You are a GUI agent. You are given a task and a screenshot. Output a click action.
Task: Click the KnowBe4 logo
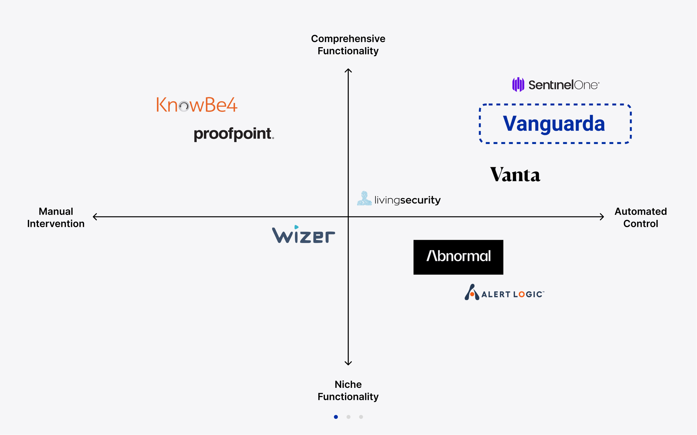coord(197,105)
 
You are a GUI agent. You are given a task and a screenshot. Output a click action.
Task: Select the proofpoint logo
coord(233,134)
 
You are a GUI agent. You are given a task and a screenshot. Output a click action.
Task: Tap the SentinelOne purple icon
coord(518,85)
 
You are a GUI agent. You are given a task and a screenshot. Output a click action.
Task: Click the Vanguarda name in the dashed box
coord(554,124)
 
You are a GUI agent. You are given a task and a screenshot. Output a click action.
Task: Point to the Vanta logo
coord(515,175)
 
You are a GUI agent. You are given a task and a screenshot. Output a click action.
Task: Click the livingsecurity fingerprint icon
coord(364,198)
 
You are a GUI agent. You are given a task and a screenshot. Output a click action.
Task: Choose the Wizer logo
coord(303,235)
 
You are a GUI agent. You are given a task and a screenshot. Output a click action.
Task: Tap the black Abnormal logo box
coord(458,257)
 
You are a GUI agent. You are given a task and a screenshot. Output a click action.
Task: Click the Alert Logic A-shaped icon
coord(472,292)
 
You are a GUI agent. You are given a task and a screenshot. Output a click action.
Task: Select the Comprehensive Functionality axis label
coord(348,45)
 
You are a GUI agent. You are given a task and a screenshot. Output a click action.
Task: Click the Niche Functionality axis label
coord(348,390)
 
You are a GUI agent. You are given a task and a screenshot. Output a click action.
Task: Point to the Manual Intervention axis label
coord(56,217)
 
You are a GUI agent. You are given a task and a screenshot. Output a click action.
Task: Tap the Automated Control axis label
coord(641,217)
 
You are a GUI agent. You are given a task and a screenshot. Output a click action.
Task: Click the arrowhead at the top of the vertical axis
coord(348,70)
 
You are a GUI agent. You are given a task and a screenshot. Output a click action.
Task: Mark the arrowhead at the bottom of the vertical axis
coord(348,364)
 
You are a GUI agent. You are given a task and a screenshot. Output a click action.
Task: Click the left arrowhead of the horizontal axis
coord(94,216)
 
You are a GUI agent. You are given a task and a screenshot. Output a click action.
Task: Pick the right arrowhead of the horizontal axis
coord(603,216)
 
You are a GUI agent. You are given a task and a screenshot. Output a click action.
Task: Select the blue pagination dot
coord(336,417)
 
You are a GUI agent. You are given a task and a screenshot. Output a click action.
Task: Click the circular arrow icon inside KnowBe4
coord(183,106)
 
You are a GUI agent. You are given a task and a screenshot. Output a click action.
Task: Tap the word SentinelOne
coord(563,85)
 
